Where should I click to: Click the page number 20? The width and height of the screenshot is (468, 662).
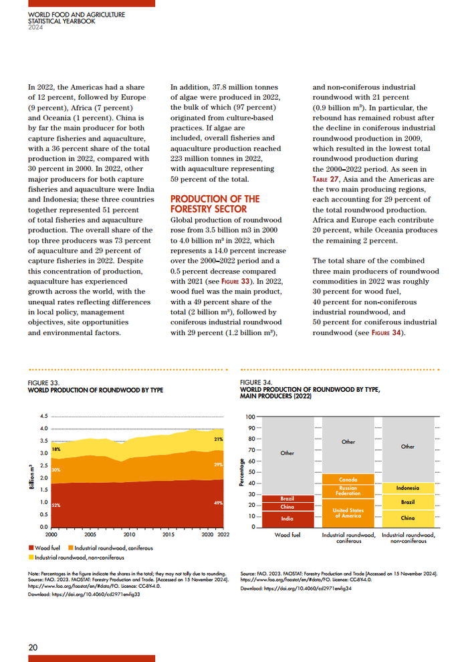[x=33, y=647]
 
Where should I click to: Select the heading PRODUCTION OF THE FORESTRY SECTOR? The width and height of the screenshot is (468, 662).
[x=215, y=204]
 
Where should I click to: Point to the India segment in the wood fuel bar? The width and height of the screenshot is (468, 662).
[x=287, y=518]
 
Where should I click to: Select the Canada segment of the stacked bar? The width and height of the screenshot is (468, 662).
[x=348, y=479]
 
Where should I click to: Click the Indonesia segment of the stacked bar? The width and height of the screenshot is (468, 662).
[x=408, y=488]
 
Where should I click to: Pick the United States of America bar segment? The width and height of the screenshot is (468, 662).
[x=348, y=513]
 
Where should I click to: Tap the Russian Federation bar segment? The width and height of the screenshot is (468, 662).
[x=348, y=491]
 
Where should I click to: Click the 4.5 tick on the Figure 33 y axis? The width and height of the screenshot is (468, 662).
[x=44, y=416]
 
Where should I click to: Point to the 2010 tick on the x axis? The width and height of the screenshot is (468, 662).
[x=129, y=535]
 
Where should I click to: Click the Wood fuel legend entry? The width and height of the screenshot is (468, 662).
[x=46, y=548]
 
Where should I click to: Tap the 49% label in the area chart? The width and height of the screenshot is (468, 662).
[x=218, y=502]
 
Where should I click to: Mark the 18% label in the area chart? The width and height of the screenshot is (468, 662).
[x=56, y=449]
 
